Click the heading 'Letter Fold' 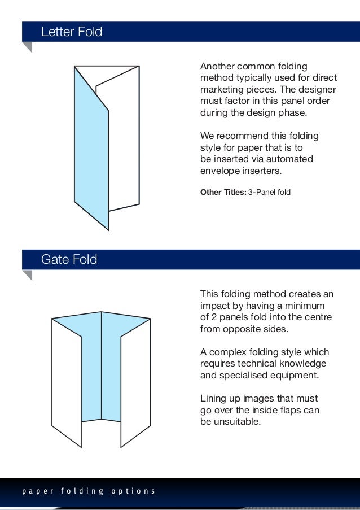coord(72,32)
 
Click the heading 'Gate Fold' coord(69,260)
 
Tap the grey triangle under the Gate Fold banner coord(27,275)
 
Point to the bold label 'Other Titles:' coord(223,193)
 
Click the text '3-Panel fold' coord(269,193)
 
